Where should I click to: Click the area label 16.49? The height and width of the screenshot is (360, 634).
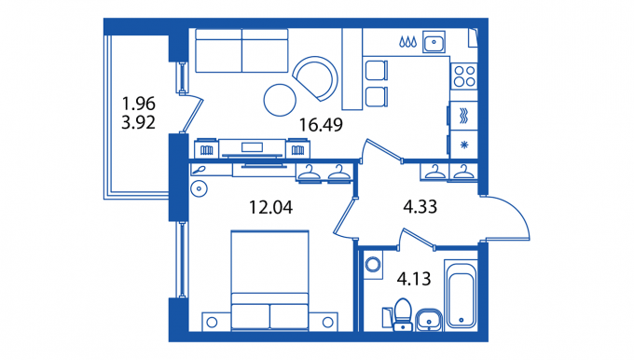tap(321, 125)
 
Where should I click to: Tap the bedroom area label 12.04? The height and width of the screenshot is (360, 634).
tap(270, 207)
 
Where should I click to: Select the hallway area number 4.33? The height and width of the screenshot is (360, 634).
tap(420, 207)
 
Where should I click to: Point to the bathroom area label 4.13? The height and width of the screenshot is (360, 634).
tap(414, 279)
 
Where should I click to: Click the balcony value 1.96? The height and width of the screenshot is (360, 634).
tap(138, 104)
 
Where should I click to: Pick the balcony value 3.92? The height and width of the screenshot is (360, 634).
tap(138, 122)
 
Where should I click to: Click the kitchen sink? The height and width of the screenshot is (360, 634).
tap(434, 42)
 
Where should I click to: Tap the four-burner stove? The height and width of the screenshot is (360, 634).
tap(464, 76)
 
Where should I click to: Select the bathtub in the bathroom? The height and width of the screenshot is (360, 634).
tap(461, 296)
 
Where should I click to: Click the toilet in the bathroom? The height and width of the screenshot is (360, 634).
tap(403, 314)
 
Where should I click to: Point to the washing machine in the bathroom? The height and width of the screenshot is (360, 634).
tap(372, 265)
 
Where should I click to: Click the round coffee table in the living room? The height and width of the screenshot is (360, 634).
tap(280, 100)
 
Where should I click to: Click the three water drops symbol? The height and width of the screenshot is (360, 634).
tap(407, 42)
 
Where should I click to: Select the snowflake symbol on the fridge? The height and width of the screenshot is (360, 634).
tap(464, 145)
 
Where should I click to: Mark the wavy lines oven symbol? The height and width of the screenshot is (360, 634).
tap(464, 116)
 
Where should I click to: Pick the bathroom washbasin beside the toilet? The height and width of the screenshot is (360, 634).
tap(428, 320)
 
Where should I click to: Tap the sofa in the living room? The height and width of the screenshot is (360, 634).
tap(241, 50)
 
